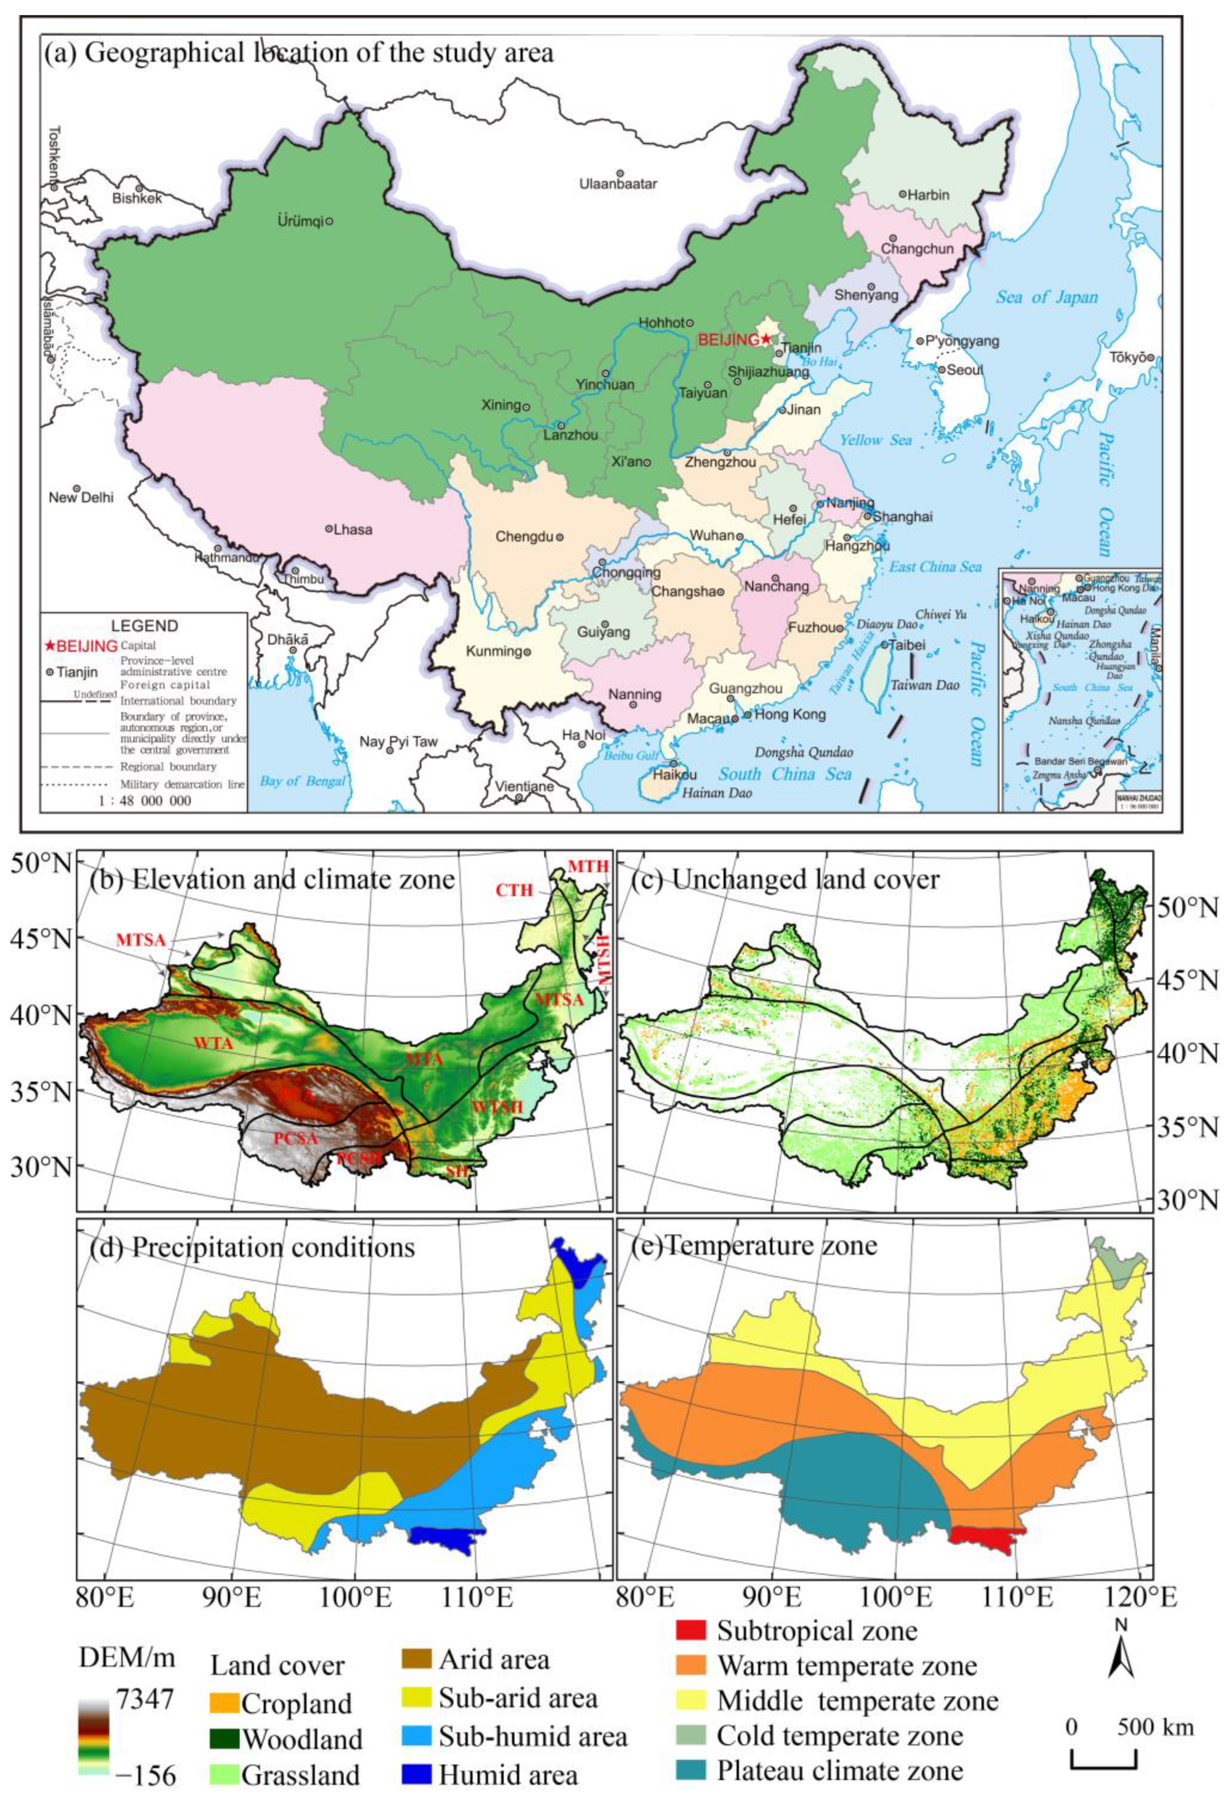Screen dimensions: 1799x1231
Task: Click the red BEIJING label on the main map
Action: click(728, 339)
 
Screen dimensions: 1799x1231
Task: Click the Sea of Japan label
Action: click(1047, 297)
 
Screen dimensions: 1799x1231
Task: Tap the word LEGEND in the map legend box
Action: click(144, 626)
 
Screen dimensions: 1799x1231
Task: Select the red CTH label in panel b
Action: click(515, 890)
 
